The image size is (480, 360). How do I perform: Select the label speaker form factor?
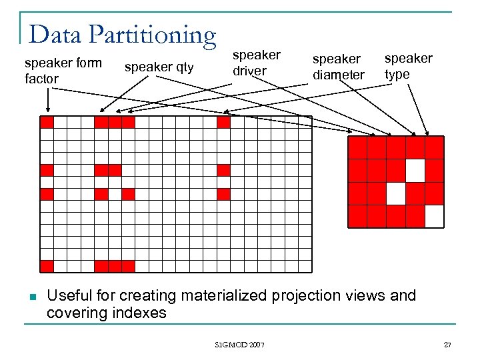pyautogui.click(x=63, y=71)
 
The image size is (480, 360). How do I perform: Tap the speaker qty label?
pyautogui.click(x=159, y=67)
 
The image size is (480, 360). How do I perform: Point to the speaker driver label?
pyautogui.click(x=256, y=63)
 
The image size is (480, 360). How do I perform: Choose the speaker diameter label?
pyautogui.click(x=339, y=67)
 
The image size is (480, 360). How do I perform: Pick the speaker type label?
pyautogui.click(x=408, y=66)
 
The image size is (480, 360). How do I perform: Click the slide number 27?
pyautogui.click(x=447, y=345)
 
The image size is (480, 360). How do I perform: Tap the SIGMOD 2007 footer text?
pyautogui.click(x=240, y=345)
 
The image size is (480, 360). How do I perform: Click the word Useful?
pyautogui.click(x=71, y=295)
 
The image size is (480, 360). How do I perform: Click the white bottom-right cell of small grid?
pyautogui.click(x=434, y=216)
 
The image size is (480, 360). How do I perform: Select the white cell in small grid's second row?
pyautogui.click(x=415, y=171)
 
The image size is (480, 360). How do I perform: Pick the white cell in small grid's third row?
pyautogui.click(x=396, y=193)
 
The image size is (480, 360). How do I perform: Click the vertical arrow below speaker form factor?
pyautogui.click(x=47, y=101)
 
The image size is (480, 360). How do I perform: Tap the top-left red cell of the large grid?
pyautogui.click(x=47, y=122)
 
